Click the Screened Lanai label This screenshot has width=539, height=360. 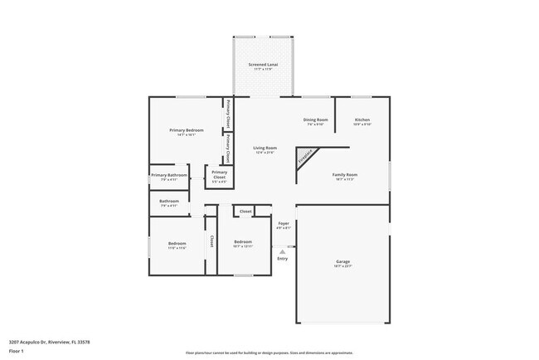[263, 64]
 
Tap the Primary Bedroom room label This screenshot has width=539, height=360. [187, 130]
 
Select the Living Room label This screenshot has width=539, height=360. [264, 148]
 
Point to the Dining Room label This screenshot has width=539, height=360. [315, 120]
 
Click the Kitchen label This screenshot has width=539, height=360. [362, 120]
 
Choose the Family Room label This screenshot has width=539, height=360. [345, 174]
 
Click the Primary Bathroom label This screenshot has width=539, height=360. [169, 175]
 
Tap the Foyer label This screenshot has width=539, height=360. [283, 224]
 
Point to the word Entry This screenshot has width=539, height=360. [283, 258]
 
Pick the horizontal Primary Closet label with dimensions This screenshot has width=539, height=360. [219, 174]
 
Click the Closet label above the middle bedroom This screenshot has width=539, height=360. [245, 212]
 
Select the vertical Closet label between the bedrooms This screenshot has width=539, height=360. [211, 241]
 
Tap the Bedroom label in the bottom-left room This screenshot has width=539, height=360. [177, 243]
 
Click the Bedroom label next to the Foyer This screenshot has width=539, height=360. [242, 241]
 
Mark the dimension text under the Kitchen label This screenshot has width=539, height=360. [362, 124]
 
